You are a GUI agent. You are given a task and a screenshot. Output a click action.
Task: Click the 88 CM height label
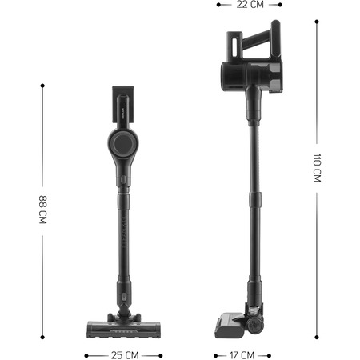(42, 210)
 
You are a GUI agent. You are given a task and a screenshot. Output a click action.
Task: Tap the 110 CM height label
(317, 168)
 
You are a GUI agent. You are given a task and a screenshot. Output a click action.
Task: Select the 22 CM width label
(250, 5)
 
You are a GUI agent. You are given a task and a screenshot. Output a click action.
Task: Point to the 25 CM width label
(125, 355)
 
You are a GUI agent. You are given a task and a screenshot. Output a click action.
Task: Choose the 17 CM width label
(242, 355)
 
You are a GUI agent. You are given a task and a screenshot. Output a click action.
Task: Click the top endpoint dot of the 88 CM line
(42, 86)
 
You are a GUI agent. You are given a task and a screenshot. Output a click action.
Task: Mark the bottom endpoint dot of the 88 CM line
(42, 338)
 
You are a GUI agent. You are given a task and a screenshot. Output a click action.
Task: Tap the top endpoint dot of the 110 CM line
(317, 22)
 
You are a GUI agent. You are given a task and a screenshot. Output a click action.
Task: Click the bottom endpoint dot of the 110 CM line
(317, 338)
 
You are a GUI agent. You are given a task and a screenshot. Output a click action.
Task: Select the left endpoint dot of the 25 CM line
(86, 356)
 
